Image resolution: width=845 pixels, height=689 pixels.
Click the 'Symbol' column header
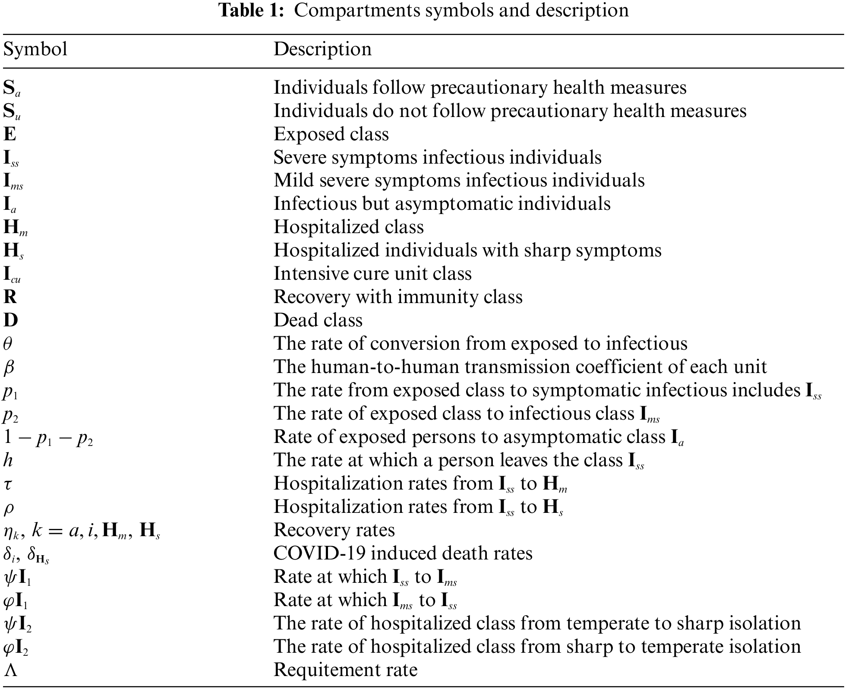pyautogui.click(x=35, y=49)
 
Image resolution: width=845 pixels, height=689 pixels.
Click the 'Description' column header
pyautogui.click(x=322, y=49)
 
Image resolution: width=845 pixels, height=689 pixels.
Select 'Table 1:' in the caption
pyautogui.click(x=252, y=10)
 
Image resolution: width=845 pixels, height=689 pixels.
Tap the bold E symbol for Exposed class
pyautogui.click(x=10, y=134)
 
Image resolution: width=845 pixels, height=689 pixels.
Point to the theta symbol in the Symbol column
pyautogui.click(x=8, y=344)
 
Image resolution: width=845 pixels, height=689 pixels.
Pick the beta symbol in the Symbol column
pyautogui.click(x=9, y=367)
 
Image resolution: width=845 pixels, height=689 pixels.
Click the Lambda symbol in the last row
pyautogui.click(x=10, y=670)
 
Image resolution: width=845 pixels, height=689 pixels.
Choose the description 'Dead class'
pyautogui.click(x=318, y=320)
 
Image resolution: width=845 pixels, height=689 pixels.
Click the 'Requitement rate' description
pyautogui.click(x=346, y=670)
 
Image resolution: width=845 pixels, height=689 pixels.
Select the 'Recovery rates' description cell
pyautogui.click(x=334, y=530)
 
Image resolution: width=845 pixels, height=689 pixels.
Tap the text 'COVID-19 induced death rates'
pyautogui.click(x=403, y=553)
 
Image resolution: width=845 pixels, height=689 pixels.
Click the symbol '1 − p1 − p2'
pyautogui.click(x=48, y=437)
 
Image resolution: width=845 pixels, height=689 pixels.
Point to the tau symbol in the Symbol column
pyautogui.click(x=7, y=484)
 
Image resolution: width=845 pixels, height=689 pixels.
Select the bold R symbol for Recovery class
pyautogui.click(x=10, y=297)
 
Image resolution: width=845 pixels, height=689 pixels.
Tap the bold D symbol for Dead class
pyautogui.click(x=11, y=320)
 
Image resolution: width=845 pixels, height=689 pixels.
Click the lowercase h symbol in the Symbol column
pyautogui.click(x=8, y=460)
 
